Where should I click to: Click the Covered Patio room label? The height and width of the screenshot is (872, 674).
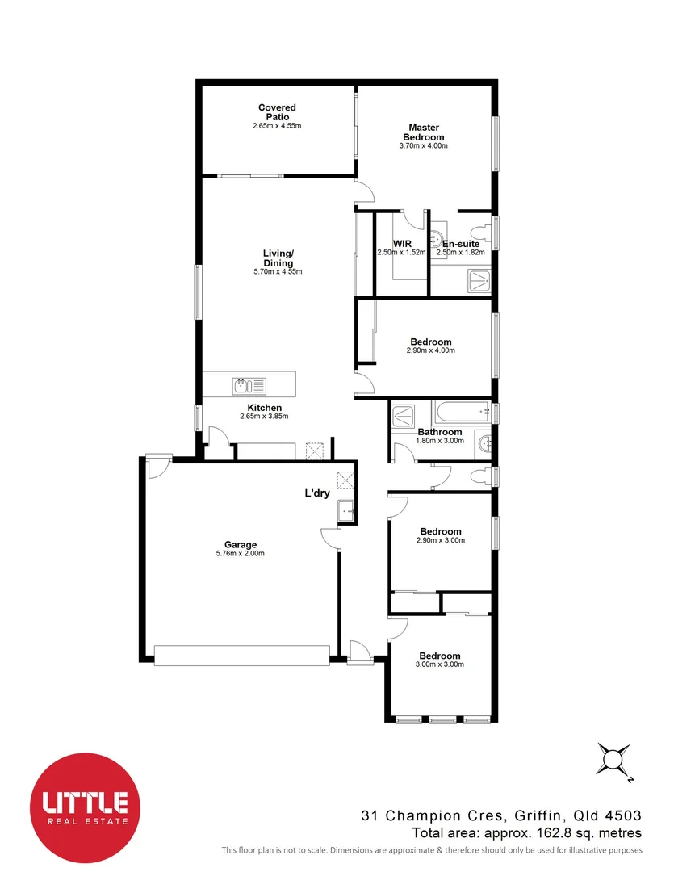coord(277,112)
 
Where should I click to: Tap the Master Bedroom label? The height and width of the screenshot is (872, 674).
coord(423,132)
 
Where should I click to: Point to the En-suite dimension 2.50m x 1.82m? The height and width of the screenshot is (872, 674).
coord(460,253)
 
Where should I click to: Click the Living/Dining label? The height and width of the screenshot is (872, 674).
coord(278,258)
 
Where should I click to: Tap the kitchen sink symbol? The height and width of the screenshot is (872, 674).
coord(243,384)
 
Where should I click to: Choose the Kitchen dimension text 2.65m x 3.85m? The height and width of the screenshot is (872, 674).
coord(264,417)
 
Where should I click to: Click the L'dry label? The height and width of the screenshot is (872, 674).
coord(316,493)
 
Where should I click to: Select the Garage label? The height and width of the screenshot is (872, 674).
coord(241,545)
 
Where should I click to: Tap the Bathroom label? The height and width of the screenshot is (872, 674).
coord(439,432)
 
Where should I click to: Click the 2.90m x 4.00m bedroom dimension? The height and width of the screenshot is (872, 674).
coord(431,350)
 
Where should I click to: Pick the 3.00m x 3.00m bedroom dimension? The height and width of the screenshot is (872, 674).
coord(440,664)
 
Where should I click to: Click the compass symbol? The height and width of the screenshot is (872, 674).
coord(613,760)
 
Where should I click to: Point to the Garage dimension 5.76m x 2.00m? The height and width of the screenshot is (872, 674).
coord(241,554)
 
